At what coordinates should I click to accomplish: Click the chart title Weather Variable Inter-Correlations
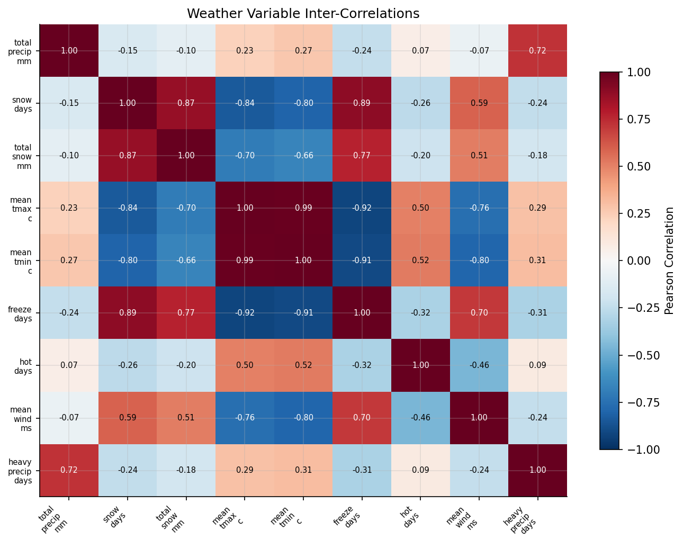click(x=303, y=14)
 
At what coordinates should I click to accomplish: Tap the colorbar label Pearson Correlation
click(x=669, y=260)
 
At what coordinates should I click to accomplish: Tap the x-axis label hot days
click(x=411, y=516)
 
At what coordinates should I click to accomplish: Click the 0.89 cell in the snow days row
click(x=362, y=103)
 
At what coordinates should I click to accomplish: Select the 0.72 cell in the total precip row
click(x=537, y=51)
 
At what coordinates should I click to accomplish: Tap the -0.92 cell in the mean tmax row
click(x=362, y=208)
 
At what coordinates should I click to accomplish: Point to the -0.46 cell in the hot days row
click(x=479, y=365)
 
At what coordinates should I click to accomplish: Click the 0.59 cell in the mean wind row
click(x=128, y=418)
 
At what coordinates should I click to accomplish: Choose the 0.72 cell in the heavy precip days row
click(x=69, y=470)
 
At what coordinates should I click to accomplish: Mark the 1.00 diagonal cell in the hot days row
click(x=420, y=365)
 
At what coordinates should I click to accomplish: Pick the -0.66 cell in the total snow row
click(x=303, y=156)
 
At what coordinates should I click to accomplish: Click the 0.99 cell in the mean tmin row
click(x=245, y=260)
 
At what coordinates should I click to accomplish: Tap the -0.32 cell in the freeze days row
click(x=420, y=313)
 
